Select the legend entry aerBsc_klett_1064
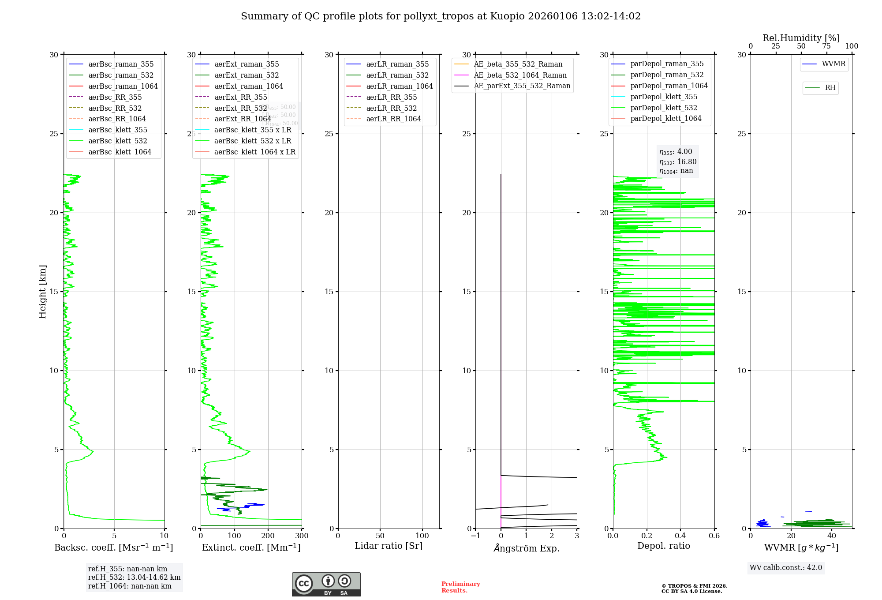pyautogui.click(x=120, y=152)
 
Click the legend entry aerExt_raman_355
pyautogui.click(x=247, y=64)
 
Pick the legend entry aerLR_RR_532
pyautogui.click(x=391, y=108)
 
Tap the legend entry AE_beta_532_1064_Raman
pyautogui.click(x=520, y=75)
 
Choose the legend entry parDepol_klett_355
pyautogui.click(x=664, y=97)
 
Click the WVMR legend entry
pyautogui.click(x=833, y=64)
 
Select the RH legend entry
pyautogui.click(x=830, y=88)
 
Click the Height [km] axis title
pyautogui.click(x=42, y=292)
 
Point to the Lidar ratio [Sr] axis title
pyautogui.click(x=389, y=546)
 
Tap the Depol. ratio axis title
pyautogui.click(x=663, y=546)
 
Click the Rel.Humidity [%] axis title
pyautogui.click(x=801, y=38)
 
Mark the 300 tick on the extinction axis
pyautogui.click(x=302, y=536)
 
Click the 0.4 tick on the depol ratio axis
pyautogui.click(x=680, y=536)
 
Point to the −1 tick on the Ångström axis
pyautogui.click(x=475, y=536)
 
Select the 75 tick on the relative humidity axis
pyautogui.click(x=826, y=46)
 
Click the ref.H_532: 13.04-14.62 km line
pyautogui.click(x=134, y=577)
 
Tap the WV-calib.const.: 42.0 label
pyautogui.click(x=785, y=568)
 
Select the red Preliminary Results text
pyautogui.click(x=460, y=587)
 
